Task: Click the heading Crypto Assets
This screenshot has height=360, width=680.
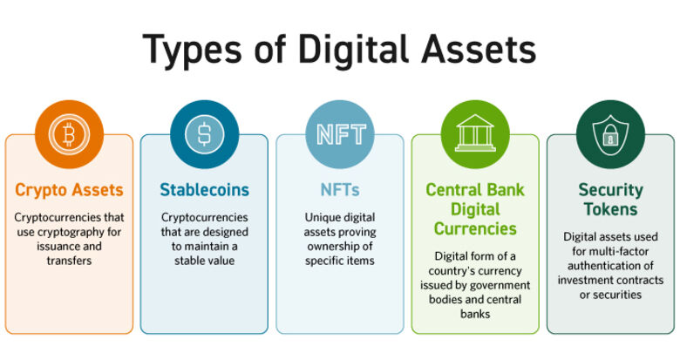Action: tap(69, 189)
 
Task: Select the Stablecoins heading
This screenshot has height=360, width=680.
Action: tap(204, 189)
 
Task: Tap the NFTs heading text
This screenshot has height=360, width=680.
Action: tap(340, 189)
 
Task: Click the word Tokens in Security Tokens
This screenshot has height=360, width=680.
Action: tap(610, 209)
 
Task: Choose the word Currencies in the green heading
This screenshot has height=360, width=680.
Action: tap(475, 228)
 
